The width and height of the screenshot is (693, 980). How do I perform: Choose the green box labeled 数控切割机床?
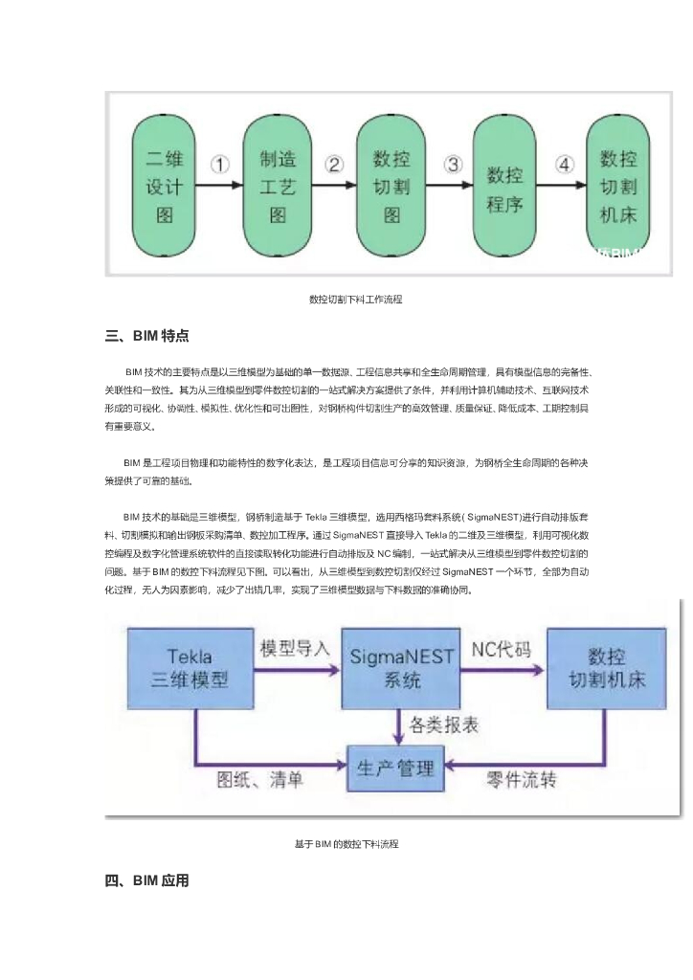(617, 185)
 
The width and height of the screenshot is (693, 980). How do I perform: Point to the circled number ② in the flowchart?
(334, 164)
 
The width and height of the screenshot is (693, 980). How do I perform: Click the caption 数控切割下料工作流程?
(349, 300)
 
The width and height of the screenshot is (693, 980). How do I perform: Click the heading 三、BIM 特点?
(146, 336)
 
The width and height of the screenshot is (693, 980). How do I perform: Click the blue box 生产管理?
(395, 768)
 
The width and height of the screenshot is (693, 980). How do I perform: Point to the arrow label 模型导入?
(296, 648)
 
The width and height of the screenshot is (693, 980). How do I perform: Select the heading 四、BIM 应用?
(146, 880)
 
